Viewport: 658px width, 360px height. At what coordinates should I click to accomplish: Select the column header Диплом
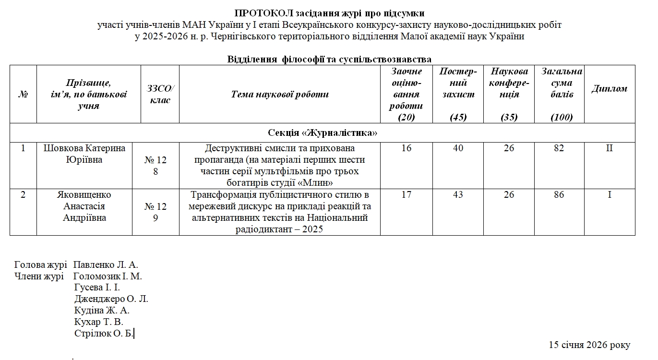[x=609, y=89]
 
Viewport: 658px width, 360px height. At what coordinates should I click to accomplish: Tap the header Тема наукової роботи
[x=280, y=94]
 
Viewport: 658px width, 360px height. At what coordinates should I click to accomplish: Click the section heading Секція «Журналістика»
[x=323, y=133]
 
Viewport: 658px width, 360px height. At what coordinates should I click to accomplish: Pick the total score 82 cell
[x=559, y=148]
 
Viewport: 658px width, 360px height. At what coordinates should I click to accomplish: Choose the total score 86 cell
[x=559, y=195]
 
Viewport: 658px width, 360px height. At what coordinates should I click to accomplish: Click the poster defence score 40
[x=458, y=148]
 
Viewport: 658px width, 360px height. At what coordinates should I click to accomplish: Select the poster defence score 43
[x=458, y=195]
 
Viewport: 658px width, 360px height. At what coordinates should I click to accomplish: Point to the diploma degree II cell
[x=609, y=148]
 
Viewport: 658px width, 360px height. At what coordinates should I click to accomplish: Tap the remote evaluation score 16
[x=406, y=148]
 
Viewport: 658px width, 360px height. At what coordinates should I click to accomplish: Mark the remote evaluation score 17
[x=406, y=195]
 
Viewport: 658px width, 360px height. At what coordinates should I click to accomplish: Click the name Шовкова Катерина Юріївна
[x=84, y=154]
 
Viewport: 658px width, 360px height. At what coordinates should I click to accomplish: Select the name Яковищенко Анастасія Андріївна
[x=84, y=206]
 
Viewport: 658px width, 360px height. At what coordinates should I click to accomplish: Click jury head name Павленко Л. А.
[x=106, y=264]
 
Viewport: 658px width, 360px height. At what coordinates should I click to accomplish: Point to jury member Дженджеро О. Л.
[x=111, y=299]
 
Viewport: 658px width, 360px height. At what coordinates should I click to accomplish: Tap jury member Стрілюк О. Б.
[x=103, y=334]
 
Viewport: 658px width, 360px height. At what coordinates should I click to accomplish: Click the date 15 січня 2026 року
[x=589, y=345]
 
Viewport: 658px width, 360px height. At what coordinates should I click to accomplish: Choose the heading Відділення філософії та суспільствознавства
[x=329, y=60]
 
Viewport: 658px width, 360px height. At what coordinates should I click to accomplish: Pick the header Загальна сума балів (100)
[x=562, y=94]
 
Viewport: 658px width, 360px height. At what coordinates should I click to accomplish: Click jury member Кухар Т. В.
[x=99, y=322]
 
